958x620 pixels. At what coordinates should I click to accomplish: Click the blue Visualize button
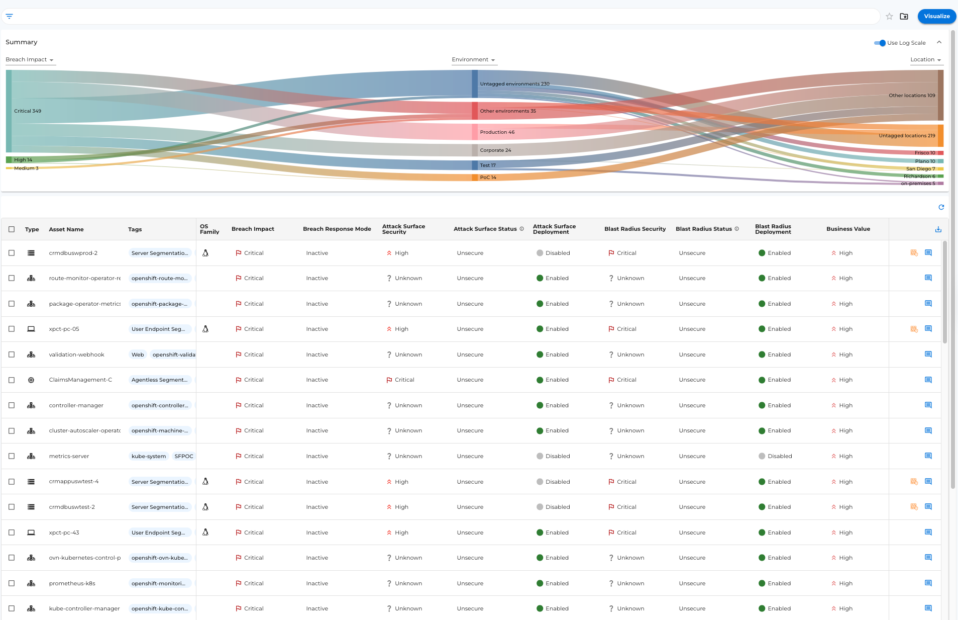pos(936,16)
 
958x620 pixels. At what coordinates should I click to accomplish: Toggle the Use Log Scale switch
pos(880,43)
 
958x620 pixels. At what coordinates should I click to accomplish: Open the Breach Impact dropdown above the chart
pos(30,59)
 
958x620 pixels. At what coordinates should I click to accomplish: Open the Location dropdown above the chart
pos(925,59)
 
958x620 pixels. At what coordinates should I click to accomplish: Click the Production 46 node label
pos(497,132)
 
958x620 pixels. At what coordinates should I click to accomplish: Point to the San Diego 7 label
pos(920,169)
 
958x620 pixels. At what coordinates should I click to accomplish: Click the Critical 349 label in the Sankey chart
pos(28,111)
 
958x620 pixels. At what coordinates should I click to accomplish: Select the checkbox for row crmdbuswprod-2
pos(12,253)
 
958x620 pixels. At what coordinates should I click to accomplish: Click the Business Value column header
pos(848,229)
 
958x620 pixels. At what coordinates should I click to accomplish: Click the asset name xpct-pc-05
pos(64,329)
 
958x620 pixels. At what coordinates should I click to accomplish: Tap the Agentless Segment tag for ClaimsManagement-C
pos(159,380)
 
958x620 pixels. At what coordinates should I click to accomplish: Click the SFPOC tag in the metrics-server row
pos(183,456)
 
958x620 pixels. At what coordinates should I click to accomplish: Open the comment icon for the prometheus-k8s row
pos(928,583)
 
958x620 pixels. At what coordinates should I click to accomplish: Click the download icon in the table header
pos(938,229)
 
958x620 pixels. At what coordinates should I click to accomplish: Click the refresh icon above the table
pos(941,207)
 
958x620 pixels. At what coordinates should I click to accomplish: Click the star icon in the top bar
pos(889,16)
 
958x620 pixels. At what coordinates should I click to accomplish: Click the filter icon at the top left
pos(9,16)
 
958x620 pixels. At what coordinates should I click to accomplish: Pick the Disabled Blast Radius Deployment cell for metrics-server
pos(775,456)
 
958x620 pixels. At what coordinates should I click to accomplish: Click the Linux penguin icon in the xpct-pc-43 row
pos(205,532)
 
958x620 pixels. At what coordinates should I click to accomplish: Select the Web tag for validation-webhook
pos(138,355)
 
